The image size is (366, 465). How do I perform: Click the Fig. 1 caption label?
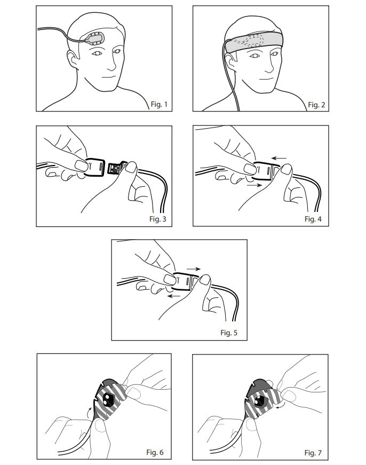pyautogui.click(x=159, y=105)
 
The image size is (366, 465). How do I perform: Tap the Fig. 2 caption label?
pyautogui.click(x=316, y=105)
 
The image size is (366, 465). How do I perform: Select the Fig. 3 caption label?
pyautogui.click(x=158, y=219)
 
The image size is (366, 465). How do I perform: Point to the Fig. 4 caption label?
pyautogui.click(x=313, y=219)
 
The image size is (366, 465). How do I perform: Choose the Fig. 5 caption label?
pyautogui.click(x=229, y=333)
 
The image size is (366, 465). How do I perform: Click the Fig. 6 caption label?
pyautogui.click(x=155, y=452)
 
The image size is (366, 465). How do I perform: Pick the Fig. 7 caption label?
pyautogui.click(x=313, y=453)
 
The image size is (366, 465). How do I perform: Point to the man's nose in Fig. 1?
pyautogui.click(x=112, y=64)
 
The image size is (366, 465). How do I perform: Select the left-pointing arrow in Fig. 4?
pyautogui.click(x=279, y=159)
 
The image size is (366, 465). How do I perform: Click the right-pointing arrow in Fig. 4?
pyautogui.click(x=254, y=185)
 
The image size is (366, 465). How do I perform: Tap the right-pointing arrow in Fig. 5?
pyautogui.click(x=194, y=269)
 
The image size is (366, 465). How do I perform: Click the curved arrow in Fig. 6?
pyautogui.click(x=90, y=412)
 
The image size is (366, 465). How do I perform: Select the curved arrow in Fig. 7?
pyautogui.click(x=280, y=406)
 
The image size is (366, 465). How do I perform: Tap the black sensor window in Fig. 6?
pyautogui.click(x=108, y=400)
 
